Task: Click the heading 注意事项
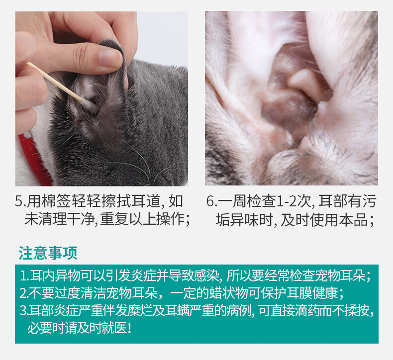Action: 48,253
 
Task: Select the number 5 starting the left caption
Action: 19,201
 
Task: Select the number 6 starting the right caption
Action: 210,201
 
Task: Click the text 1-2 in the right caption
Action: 286,201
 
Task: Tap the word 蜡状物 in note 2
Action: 228,293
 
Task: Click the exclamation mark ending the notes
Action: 129,328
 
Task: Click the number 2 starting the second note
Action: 23,293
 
